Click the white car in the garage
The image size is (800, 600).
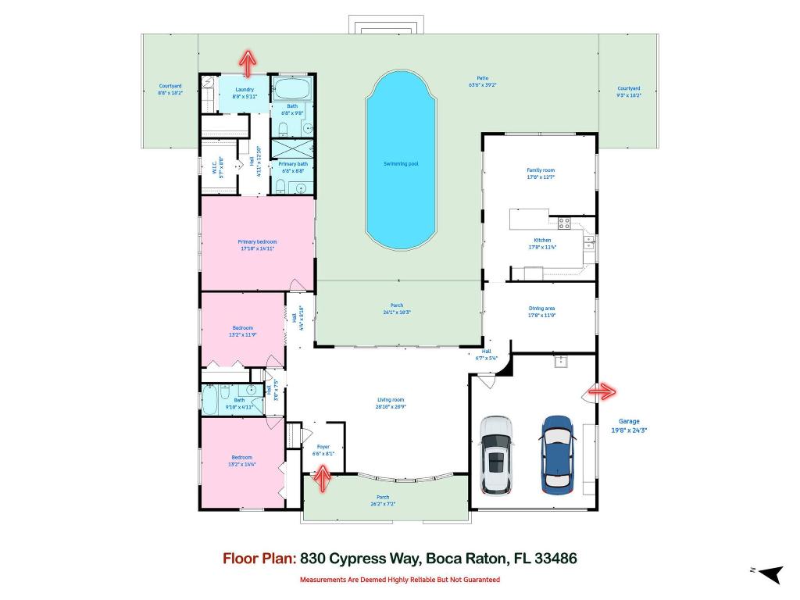(x=495, y=455)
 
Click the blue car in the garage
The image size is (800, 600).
(x=557, y=454)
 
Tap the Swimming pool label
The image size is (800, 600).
(x=400, y=164)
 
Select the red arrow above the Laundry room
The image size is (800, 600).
(x=248, y=62)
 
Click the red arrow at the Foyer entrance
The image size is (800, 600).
(x=321, y=477)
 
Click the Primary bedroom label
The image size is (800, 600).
(x=257, y=242)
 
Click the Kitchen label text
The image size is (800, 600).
(x=542, y=241)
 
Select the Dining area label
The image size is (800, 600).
(x=541, y=309)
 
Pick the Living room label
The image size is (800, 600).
(x=391, y=400)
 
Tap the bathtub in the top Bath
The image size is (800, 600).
(x=292, y=87)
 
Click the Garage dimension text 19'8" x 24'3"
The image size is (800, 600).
(x=629, y=430)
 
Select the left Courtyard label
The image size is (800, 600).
(x=170, y=87)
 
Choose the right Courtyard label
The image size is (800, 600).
(x=628, y=89)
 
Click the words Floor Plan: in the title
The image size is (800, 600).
(x=259, y=559)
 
